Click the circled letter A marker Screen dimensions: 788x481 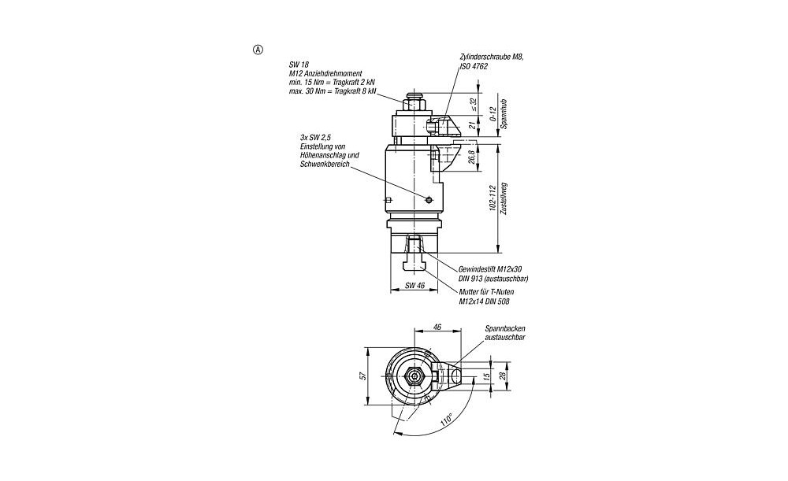[x=258, y=50]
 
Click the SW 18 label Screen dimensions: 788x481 [x=299, y=65]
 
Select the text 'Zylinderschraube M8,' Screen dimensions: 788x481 [x=492, y=57]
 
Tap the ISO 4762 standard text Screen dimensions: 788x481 [x=474, y=66]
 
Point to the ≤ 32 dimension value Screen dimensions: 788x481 [x=474, y=105]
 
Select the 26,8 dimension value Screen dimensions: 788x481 [x=472, y=157]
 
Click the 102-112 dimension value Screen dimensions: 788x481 [x=493, y=198]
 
